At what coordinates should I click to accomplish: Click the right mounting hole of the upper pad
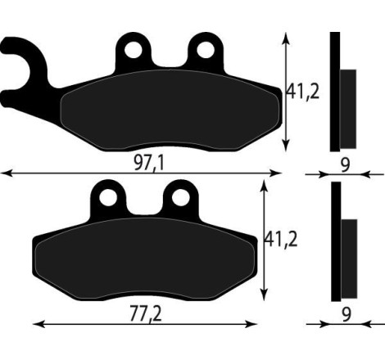(200, 51)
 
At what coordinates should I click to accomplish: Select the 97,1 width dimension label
(148, 164)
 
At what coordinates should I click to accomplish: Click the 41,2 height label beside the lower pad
(279, 241)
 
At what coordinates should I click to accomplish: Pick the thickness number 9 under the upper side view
(345, 164)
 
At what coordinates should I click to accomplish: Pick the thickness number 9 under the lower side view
(345, 313)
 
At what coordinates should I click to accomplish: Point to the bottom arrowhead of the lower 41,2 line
(264, 297)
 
